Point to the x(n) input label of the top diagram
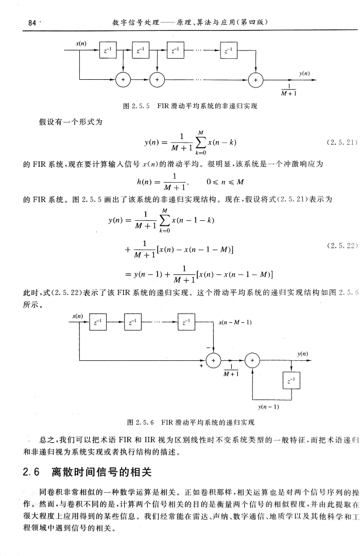(x=80, y=45)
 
